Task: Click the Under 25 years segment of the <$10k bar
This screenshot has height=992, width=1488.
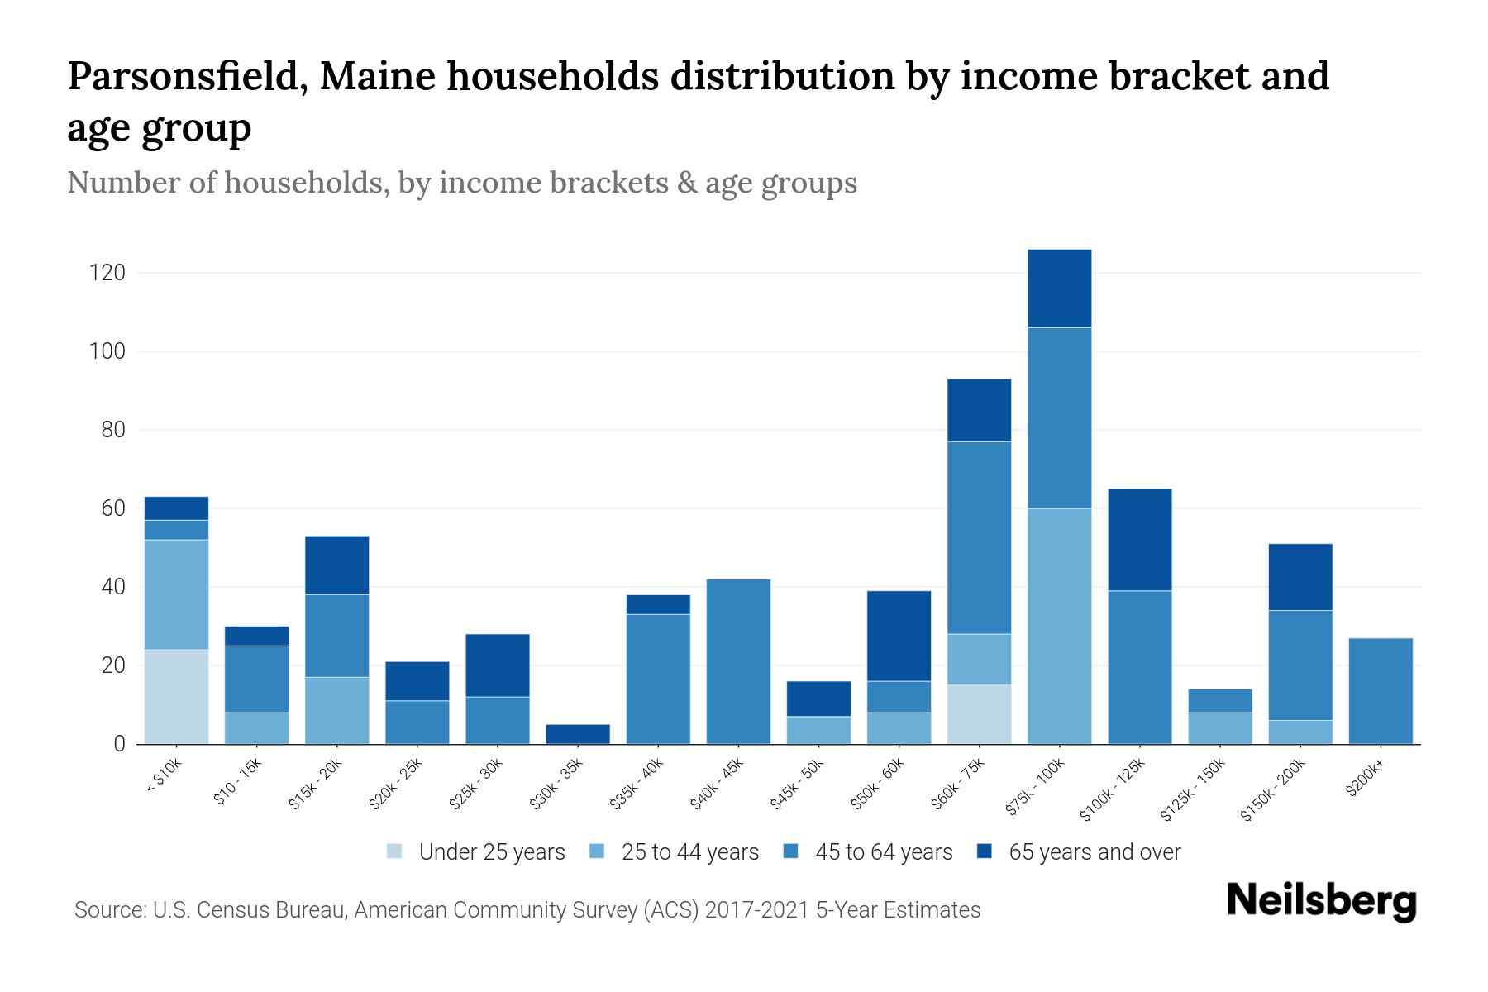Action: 176,696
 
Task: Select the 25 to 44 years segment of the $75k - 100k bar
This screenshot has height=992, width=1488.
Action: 1059,626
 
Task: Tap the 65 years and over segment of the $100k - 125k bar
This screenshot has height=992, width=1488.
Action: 1139,540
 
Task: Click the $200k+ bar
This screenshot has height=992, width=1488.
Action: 1380,691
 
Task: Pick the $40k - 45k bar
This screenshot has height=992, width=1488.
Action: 738,661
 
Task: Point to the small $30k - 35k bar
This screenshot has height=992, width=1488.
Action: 578,734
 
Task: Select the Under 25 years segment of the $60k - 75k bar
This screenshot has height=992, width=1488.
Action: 979,714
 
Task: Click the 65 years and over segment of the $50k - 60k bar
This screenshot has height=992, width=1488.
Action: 899,636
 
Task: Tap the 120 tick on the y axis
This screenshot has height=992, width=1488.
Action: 107,273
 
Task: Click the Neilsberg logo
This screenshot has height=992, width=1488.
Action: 1321,900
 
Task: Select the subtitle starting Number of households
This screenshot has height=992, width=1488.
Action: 461,183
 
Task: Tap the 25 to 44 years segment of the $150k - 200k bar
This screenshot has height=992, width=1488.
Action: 1300,732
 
